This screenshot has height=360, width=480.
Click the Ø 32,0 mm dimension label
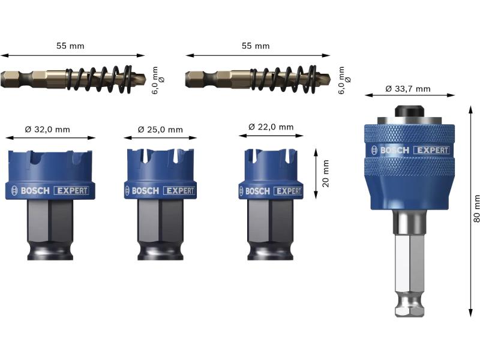(x=47, y=130)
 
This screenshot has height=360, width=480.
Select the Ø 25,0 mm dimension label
(x=160, y=130)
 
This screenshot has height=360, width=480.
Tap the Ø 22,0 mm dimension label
(x=271, y=127)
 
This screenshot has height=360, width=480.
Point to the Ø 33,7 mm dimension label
(x=408, y=89)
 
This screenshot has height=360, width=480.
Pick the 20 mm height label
(x=325, y=173)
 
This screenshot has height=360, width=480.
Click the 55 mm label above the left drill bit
(x=70, y=46)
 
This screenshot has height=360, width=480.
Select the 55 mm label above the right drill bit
(x=256, y=46)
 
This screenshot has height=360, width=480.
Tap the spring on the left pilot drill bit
(x=100, y=79)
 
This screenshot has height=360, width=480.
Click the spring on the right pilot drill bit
(x=283, y=79)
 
